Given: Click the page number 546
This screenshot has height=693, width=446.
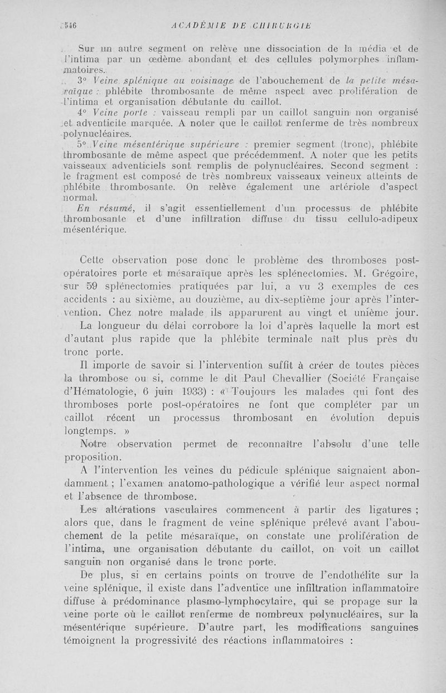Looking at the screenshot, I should click(x=69, y=25).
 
